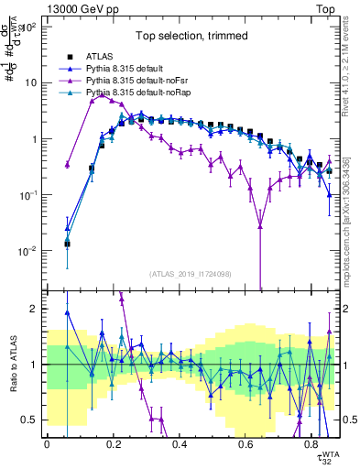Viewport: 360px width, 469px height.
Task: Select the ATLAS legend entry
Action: tap(101, 57)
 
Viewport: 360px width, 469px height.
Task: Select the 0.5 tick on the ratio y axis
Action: tap(33, 420)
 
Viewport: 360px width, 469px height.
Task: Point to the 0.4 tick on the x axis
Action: tap(180, 443)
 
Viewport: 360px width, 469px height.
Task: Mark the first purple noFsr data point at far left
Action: tap(67, 165)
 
